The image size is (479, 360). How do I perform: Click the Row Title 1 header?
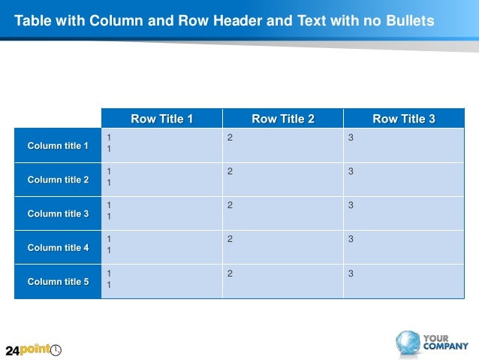(x=161, y=119)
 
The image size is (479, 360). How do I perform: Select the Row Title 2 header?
(x=283, y=119)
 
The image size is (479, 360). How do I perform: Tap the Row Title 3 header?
(x=404, y=119)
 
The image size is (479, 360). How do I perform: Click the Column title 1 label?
(x=58, y=146)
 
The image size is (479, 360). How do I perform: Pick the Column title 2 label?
(x=58, y=180)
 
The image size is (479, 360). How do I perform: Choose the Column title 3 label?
(x=58, y=213)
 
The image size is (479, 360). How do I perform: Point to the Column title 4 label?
(x=58, y=247)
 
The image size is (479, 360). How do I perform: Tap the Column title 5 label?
(x=58, y=282)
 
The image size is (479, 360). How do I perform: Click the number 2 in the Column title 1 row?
(x=230, y=138)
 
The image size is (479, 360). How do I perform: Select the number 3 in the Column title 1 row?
(x=351, y=138)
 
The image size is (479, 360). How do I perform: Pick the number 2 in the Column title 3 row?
(x=230, y=205)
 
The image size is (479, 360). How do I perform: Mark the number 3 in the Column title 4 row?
(x=351, y=239)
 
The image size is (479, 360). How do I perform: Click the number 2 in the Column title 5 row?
(x=230, y=274)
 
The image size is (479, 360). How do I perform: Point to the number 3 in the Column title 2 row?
(x=351, y=171)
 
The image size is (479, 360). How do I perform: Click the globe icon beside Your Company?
(x=408, y=343)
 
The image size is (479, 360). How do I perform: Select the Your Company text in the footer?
(x=445, y=342)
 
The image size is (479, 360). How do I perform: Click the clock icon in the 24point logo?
(x=56, y=349)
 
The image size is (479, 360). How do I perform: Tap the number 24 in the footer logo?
(x=12, y=350)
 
